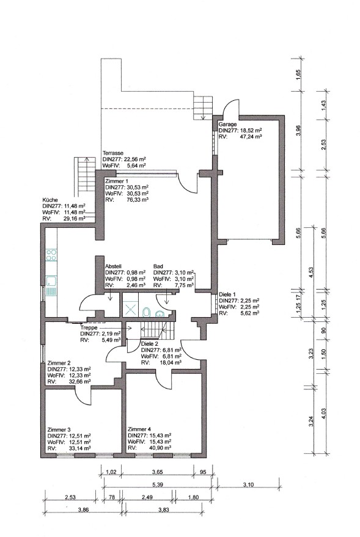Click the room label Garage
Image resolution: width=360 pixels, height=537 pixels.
pyautogui.click(x=227, y=124)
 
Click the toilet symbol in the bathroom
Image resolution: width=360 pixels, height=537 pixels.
pyautogui.click(x=146, y=312)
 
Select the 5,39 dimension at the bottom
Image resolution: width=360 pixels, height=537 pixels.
pyautogui.click(x=156, y=484)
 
